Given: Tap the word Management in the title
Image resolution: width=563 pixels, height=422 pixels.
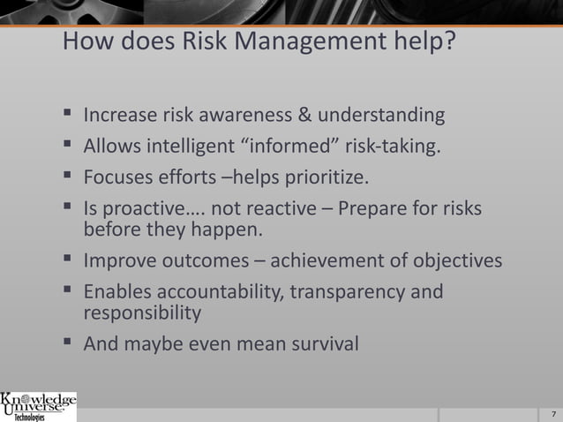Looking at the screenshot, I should tap(311, 41).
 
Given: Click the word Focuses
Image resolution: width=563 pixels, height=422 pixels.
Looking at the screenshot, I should tap(116, 180).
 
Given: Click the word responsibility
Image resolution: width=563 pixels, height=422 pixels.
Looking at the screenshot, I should tap(142, 313).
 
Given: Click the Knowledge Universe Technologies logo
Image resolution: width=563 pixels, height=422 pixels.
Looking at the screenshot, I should tap(38, 406).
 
